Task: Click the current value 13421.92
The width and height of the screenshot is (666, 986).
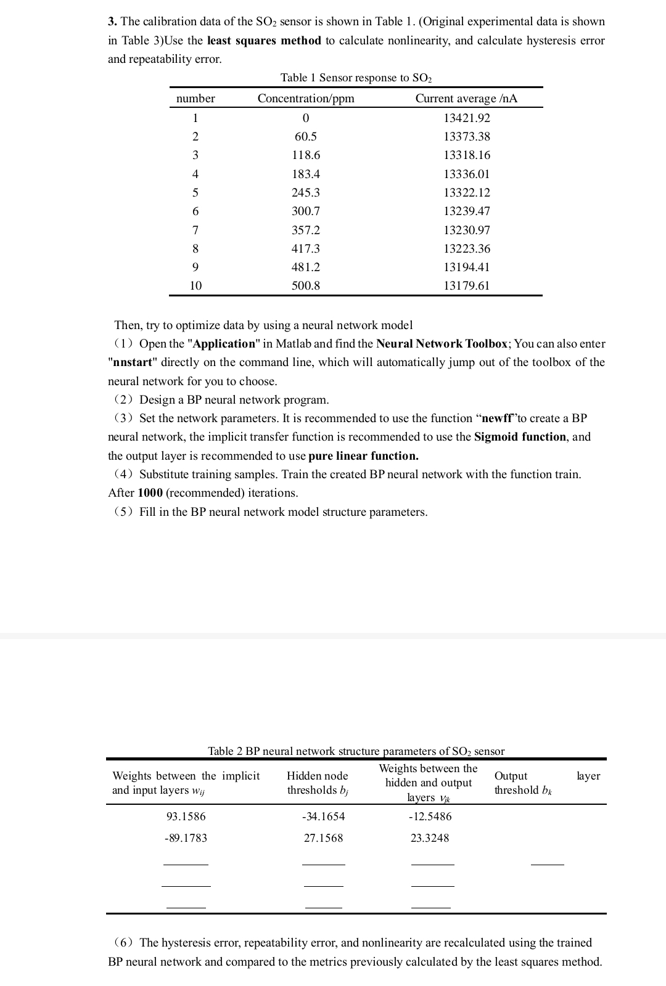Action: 467,118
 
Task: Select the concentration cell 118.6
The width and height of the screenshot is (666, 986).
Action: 306,155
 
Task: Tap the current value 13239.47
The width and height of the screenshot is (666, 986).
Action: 467,211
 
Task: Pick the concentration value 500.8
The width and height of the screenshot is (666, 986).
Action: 306,286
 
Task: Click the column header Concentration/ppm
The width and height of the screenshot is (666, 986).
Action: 306,99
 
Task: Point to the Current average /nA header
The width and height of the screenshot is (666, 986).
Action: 466,99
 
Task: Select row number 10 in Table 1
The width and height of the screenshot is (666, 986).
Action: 195,286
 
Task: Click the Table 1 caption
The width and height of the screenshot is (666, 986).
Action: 356,78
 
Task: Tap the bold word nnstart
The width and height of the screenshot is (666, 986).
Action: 130,362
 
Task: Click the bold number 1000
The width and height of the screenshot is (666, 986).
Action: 150,493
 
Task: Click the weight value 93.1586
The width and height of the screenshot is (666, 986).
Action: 186,817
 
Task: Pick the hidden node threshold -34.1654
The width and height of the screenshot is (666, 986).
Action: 323,817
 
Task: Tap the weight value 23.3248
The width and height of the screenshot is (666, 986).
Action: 430,838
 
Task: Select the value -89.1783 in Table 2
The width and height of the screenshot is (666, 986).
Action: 186,838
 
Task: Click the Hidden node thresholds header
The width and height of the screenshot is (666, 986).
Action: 318,783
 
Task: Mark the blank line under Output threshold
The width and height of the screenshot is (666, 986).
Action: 547,863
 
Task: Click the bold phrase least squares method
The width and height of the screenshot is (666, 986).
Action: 264,41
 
